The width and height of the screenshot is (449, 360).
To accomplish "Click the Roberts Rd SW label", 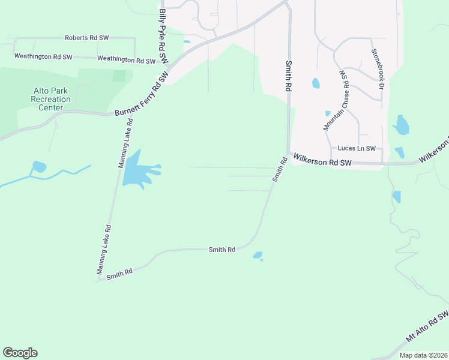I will pyautogui.click(x=86, y=38).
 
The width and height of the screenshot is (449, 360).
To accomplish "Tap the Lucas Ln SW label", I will pyautogui.click(x=357, y=148).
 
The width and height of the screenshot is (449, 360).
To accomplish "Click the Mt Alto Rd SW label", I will pyautogui.click(x=427, y=327).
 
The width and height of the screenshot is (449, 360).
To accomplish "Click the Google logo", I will pyautogui.click(x=20, y=353).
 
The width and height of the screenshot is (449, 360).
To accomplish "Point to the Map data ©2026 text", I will pyautogui.click(x=423, y=355).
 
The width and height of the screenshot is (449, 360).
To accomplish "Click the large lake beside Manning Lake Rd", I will pyautogui.click(x=137, y=170).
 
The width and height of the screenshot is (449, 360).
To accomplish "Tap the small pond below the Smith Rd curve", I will pyautogui.click(x=258, y=256).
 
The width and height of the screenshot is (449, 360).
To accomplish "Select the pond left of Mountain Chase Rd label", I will pyautogui.click(x=316, y=83).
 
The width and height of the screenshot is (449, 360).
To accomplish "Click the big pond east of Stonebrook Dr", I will pyautogui.click(x=401, y=125).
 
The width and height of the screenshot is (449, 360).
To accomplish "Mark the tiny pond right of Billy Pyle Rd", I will pyautogui.click(x=187, y=42).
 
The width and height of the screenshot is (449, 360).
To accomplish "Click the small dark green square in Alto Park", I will pyautogui.click(x=119, y=76).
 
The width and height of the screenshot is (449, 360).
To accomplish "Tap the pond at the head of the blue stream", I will pyautogui.click(x=38, y=166).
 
